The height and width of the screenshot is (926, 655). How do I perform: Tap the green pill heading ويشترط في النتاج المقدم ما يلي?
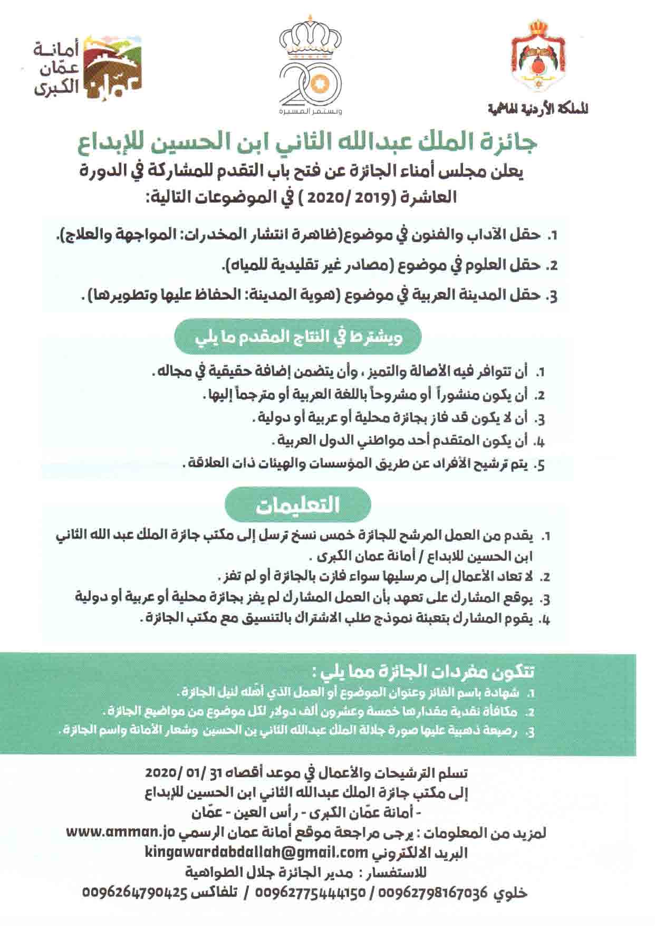pos(298,337)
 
